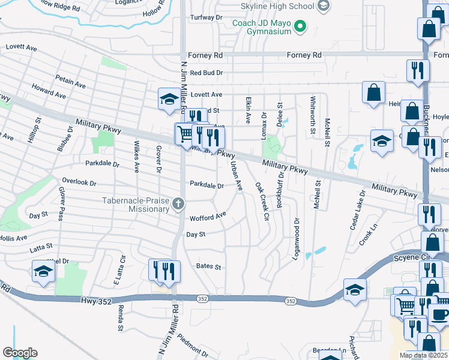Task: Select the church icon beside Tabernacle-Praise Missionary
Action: (x=178, y=205)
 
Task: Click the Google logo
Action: (x=20, y=353)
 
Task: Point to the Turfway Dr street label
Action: (x=206, y=17)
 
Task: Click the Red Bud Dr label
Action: (x=206, y=73)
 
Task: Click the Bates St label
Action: (x=209, y=266)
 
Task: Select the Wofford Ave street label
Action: (x=208, y=216)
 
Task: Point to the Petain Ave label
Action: (x=68, y=79)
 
